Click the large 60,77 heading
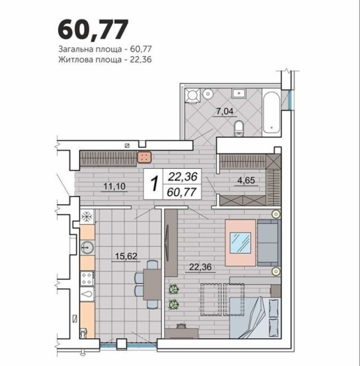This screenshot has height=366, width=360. point(93,30)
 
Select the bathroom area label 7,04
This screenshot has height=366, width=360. point(225,111)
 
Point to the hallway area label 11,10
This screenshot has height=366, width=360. point(114,186)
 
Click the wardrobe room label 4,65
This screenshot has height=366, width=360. point(246,181)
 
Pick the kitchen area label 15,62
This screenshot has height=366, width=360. point(126,256)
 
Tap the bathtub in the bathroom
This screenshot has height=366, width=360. point(271,113)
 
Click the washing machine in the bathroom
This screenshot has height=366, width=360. point(193,95)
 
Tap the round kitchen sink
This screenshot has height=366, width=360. point(87,247)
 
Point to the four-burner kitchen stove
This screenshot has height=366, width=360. point(87,278)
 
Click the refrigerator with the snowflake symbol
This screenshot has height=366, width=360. point(87,217)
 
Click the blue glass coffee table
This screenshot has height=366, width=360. point(240,243)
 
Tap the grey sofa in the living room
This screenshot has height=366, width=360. point(269,243)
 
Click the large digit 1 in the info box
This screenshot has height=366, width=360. point(154,184)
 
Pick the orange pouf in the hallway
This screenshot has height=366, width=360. point(144,157)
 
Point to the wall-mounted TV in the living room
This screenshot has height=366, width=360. point(167,243)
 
